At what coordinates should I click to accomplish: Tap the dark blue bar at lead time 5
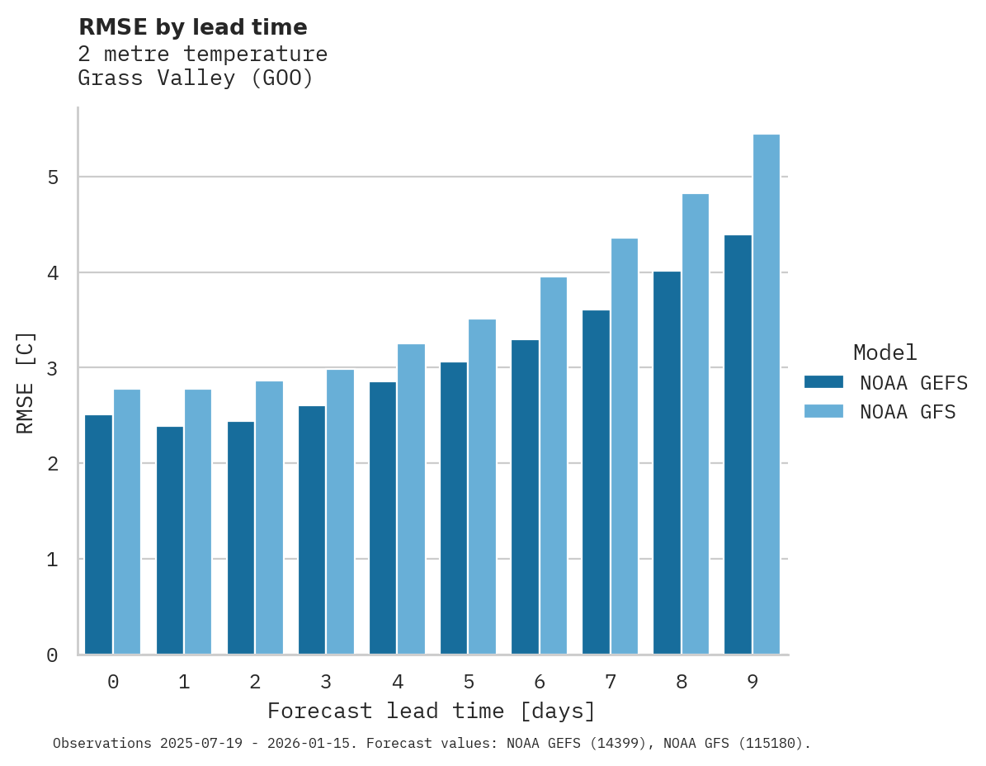coord(454,508)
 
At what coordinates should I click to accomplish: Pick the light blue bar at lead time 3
coord(340,512)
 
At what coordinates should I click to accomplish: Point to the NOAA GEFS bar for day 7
coord(596,483)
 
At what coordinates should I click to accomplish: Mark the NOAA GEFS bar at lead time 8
coord(667,463)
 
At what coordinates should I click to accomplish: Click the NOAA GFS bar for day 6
coord(554,466)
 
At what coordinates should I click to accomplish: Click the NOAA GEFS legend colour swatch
coord(823,381)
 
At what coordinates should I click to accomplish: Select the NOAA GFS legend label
coord(908,411)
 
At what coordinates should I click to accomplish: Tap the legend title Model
coord(885,352)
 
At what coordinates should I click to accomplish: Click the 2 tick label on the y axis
coord(52,464)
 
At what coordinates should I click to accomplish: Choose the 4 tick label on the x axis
coord(398,682)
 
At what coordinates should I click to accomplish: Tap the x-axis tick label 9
coord(752,682)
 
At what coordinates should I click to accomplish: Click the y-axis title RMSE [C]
coord(26,381)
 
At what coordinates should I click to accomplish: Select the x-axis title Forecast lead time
coord(431,711)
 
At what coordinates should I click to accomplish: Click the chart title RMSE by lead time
coord(192,27)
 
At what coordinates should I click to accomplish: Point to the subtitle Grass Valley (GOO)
coord(196,78)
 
